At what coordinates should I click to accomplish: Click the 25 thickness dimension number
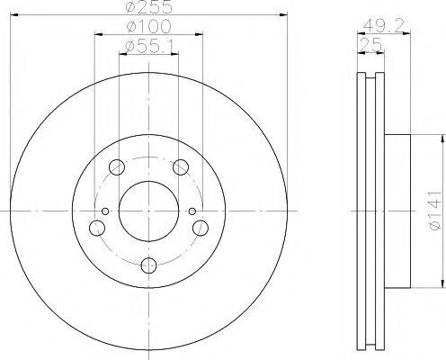click(x=369, y=44)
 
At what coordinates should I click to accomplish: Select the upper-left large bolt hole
click(x=116, y=167)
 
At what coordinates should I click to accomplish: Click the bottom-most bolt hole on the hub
click(x=149, y=265)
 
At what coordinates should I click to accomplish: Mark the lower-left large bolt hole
click(x=95, y=229)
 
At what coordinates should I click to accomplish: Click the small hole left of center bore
click(x=106, y=212)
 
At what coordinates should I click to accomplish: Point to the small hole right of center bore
click(x=192, y=212)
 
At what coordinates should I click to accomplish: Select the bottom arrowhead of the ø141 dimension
click(x=443, y=285)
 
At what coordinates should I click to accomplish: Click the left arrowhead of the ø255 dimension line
click(x=13, y=15)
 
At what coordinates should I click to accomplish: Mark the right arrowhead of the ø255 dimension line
click(x=287, y=15)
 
